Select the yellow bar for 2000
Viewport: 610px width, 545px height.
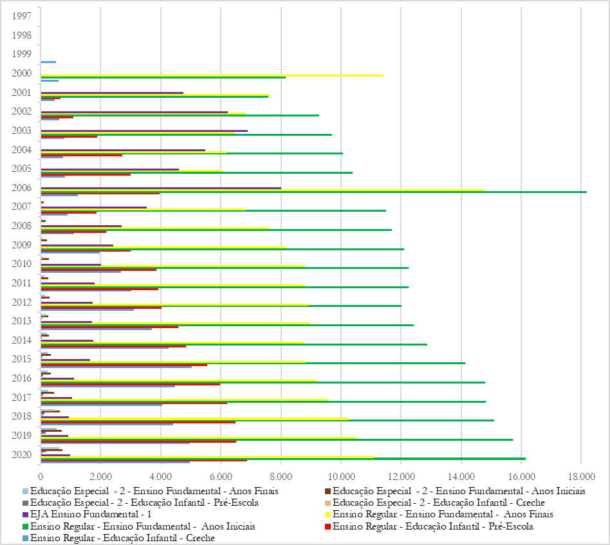pos(212,75)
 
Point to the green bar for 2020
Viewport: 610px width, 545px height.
pos(283,459)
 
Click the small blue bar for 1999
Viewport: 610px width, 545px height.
pos(48,62)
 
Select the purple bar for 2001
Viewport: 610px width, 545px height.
pos(112,93)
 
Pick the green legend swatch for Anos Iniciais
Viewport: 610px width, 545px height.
pos(24,526)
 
